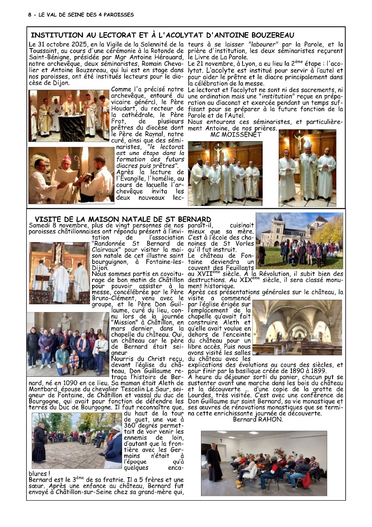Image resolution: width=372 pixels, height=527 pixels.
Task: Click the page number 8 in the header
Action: pos(30,15)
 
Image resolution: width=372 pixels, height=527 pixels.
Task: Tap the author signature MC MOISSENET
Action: pos(236,135)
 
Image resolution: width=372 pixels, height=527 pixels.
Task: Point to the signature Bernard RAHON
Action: pos(258,420)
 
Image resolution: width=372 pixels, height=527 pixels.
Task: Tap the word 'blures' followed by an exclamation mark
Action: pos(37,473)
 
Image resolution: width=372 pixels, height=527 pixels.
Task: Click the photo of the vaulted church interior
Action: pos(297,327)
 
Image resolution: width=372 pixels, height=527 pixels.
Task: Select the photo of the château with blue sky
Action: pos(299,240)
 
